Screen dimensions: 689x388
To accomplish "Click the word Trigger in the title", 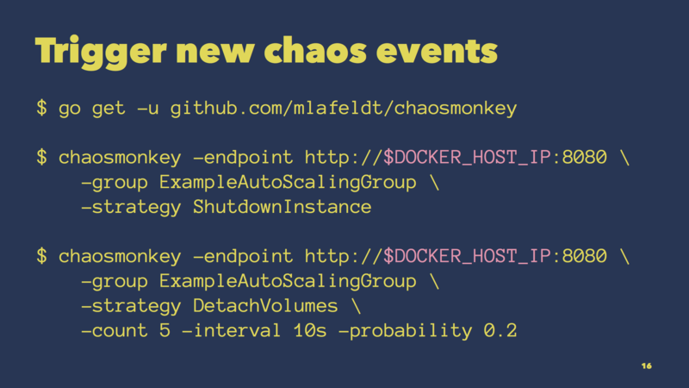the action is coord(101,52).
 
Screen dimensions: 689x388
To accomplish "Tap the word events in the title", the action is coord(437,51).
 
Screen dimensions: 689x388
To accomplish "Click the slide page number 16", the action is coord(647,366).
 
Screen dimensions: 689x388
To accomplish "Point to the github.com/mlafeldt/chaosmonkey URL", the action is coord(344,109).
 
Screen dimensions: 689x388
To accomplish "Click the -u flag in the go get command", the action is coord(147,109).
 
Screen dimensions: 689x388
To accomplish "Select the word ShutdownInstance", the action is coord(282,207).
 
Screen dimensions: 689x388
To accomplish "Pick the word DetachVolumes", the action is coord(265,306).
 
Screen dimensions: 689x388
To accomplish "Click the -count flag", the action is coord(115,331).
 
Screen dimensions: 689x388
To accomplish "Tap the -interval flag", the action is coord(231,330).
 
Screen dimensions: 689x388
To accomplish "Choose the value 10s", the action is coord(310,330).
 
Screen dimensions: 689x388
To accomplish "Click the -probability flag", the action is coord(405,331).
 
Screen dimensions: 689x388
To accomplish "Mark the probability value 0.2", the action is coord(500,330).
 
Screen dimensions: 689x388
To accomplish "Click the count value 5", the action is coord(164,330).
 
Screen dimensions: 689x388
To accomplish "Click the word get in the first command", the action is coord(109,109).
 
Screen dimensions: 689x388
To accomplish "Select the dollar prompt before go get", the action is coord(41,108).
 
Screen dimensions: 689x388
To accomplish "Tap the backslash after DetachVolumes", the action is coord(356,305).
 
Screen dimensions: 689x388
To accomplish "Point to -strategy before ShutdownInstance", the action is coord(131,207).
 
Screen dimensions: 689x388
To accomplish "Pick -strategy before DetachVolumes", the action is coord(131,306).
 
